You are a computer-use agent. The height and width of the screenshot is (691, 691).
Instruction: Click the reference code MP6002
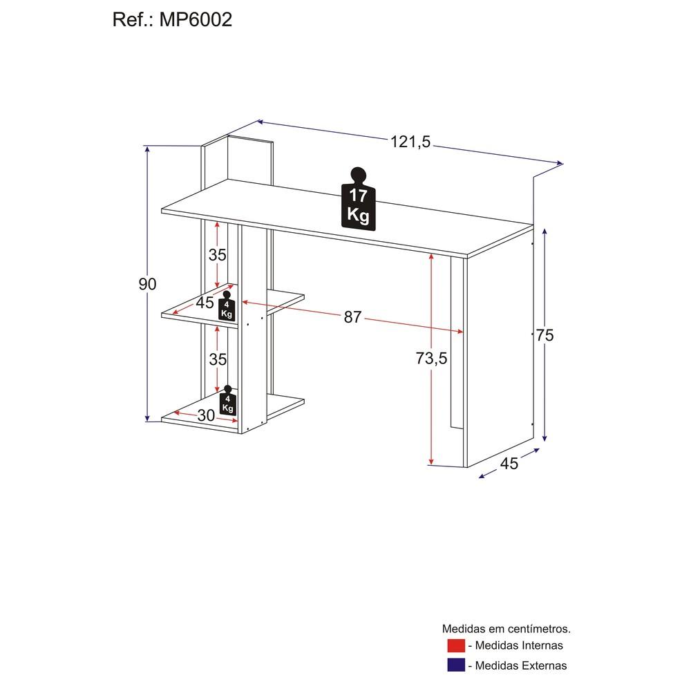[196, 20]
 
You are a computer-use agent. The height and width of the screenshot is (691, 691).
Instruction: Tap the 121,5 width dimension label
[410, 142]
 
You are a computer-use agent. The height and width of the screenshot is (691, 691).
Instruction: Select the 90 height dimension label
[147, 284]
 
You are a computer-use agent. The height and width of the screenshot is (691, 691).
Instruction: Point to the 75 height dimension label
[545, 335]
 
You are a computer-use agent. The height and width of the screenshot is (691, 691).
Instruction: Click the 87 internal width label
[352, 317]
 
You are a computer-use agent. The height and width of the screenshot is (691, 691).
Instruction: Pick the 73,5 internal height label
[431, 358]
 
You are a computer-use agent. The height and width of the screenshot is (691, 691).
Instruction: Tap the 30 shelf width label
[206, 415]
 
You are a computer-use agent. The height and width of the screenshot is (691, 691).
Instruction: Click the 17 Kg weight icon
[358, 199]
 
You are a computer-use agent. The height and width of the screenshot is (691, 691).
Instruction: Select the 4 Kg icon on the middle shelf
[227, 305]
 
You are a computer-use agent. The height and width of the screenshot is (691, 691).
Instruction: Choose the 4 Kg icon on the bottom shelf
[227, 400]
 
